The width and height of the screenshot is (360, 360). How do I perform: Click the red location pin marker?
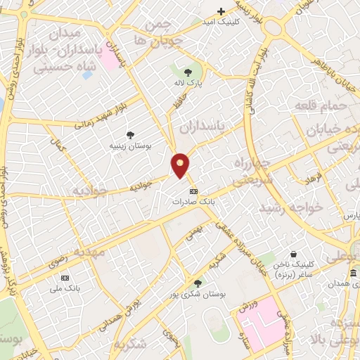tap(181, 165)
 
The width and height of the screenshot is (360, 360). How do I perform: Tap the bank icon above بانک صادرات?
tap(193, 191)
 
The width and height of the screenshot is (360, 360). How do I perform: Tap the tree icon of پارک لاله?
tap(188, 72)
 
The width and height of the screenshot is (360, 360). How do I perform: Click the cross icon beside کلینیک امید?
tap(221, 11)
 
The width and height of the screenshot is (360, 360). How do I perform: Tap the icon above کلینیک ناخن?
tap(293, 254)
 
